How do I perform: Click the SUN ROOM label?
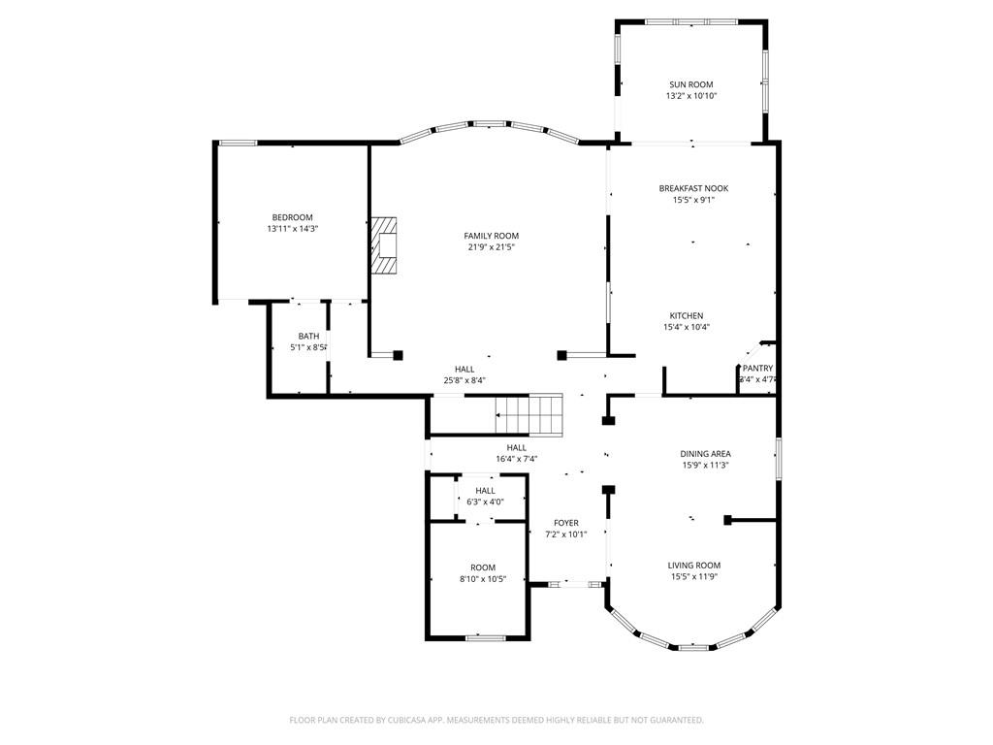click(x=690, y=84)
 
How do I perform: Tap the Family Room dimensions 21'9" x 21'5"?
click(x=491, y=247)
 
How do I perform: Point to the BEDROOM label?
click(x=292, y=217)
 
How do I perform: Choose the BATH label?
click(x=308, y=336)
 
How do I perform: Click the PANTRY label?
click(x=757, y=369)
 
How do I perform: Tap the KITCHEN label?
click(x=686, y=315)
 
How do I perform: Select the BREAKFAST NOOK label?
click(x=693, y=188)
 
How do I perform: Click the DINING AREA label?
click(x=705, y=453)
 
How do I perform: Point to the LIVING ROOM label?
click(x=693, y=565)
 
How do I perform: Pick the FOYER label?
click(x=565, y=523)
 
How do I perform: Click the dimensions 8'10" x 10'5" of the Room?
click(x=483, y=579)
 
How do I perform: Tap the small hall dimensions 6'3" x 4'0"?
click(x=485, y=502)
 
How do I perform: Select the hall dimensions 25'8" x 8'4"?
click(x=464, y=380)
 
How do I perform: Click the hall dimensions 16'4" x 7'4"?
click(x=516, y=459)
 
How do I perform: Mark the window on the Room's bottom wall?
click(x=485, y=637)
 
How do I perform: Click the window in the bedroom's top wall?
click(x=237, y=144)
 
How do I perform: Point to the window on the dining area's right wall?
click(x=777, y=458)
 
